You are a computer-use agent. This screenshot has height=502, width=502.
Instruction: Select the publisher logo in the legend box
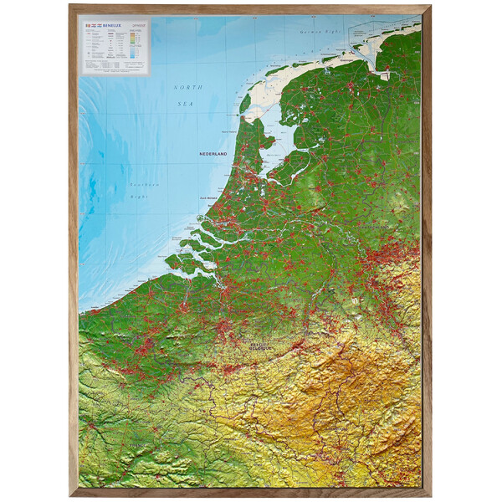(140, 26)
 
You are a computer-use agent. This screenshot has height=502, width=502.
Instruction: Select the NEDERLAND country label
(214, 154)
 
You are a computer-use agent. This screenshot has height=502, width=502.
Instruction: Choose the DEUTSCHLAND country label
(373, 227)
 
